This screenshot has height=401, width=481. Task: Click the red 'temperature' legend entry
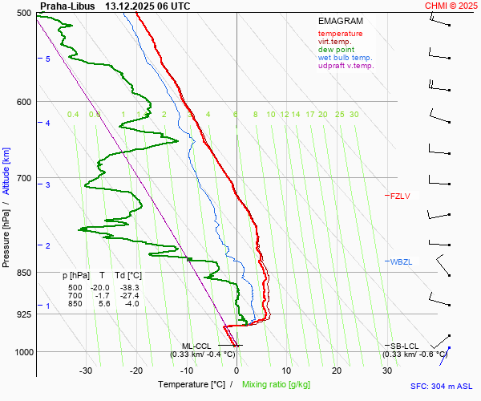(x=340, y=34)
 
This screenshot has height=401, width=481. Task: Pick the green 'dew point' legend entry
(x=338, y=50)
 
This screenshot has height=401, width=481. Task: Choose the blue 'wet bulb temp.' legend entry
(x=345, y=58)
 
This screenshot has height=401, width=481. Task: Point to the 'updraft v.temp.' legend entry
(x=346, y=66)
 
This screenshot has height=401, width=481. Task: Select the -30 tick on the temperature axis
(x=86, y=371)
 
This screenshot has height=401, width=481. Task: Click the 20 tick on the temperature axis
(x=337, y=371)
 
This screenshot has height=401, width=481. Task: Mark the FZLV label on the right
(x=399, y=196)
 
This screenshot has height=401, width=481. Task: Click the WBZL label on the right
(x=400, y=262)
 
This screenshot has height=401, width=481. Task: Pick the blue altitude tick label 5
(x=48, y=59)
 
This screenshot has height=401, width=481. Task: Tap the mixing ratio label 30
(x=354, y=115)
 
